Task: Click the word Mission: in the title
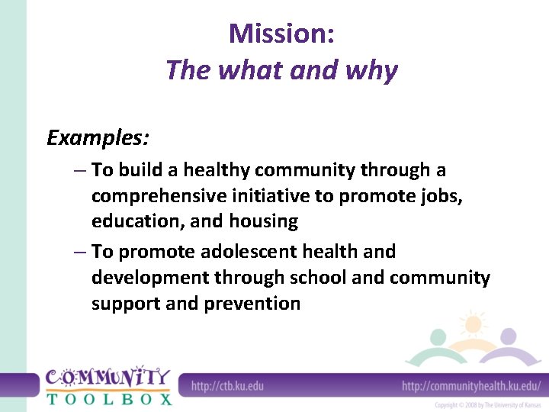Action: click(281, 34)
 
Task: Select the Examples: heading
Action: click(98, 138)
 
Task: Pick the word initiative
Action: click(269, 195)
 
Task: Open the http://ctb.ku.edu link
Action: click(227, 385)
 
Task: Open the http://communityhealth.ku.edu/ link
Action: click(470, 385)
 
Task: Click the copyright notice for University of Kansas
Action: click(486, 404)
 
